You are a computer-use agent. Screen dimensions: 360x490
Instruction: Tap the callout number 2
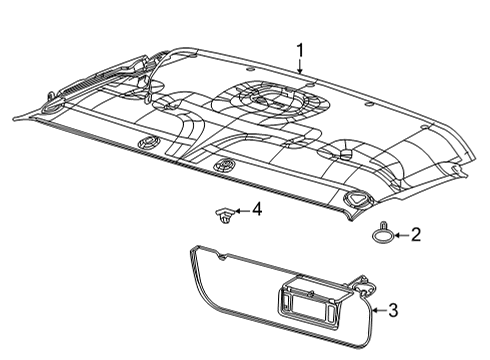coord(416,235)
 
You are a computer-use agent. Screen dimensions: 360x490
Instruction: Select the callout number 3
coord(392,312)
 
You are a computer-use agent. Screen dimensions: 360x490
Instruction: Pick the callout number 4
coord(256,210)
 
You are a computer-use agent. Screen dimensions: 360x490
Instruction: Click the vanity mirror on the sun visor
coord(311,301)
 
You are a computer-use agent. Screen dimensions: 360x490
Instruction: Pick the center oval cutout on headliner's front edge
coord(226,163)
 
